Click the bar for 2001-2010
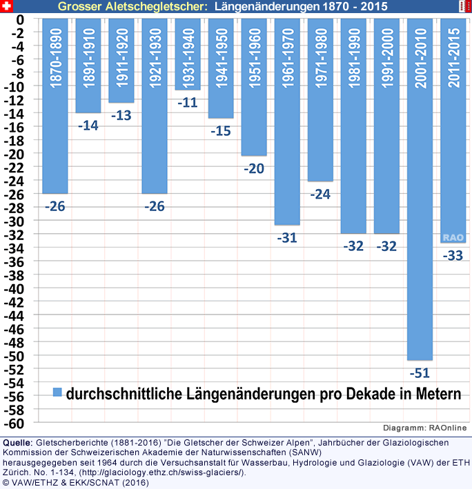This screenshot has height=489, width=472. coord(420,190)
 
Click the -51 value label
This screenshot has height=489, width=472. coord(420,373)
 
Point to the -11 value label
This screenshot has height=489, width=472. coord(188,103)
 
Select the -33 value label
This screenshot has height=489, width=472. coord(453,256)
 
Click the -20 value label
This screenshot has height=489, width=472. coord(253,168)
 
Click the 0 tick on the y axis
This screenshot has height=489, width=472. coord(21,19)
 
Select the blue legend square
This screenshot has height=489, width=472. coord(58,392)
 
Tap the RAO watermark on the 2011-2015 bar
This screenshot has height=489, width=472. coord(453,237)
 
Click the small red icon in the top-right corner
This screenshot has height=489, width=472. coord(464,6)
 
